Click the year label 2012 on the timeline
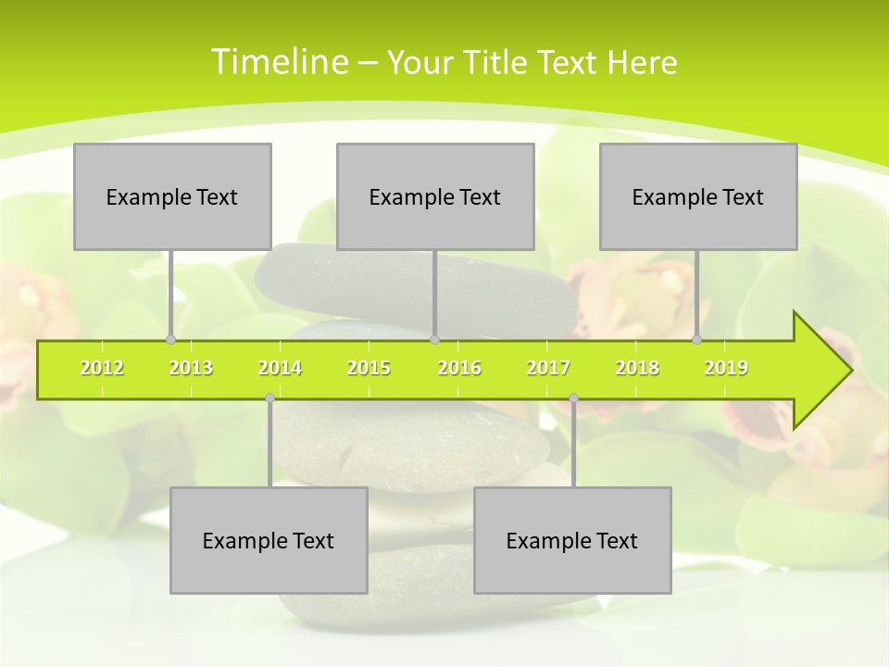(x=102, y=368)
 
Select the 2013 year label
(x=191, y=368)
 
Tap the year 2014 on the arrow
(x=280, y=368)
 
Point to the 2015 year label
(x=369, y=368)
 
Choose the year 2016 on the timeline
(x=459, y=368)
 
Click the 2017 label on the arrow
(x=548, y=368)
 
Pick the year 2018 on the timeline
(x=637, y=368)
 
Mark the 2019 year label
(x=726, y=368)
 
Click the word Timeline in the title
(x=279, y=62)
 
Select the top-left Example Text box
(x=172, y=196)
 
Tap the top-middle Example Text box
(x=435, y=196)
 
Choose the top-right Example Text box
(x=698, y=196)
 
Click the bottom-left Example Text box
(x=269, y=540)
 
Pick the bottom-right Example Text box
(x=572, y=540)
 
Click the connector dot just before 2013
(x=170, y=339)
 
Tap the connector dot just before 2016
(x=435, y=339)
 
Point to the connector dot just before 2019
(x=697, y=339)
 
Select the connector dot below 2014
(x=269, y=397)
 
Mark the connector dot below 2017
(x=573, y=397)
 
